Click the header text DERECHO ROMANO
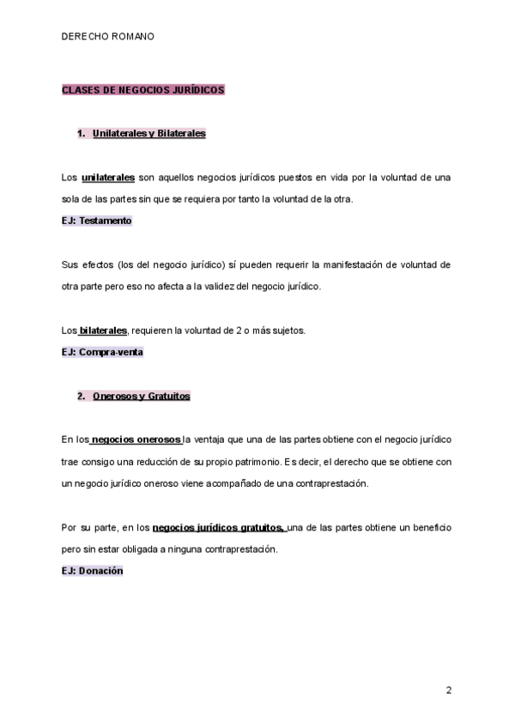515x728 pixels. tap(108, 37)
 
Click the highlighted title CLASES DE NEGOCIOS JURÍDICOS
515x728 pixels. tap(142, 89)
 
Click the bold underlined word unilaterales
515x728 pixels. tap(108, 178)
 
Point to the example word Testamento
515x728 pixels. tap(105, 221)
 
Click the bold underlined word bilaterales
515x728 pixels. tap(103, 331)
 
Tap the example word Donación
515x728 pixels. tap(101, 571)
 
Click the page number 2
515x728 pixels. tap(448, 690)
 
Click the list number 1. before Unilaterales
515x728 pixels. tap(82, 134)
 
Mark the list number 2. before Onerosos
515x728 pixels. tap(82, 397)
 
